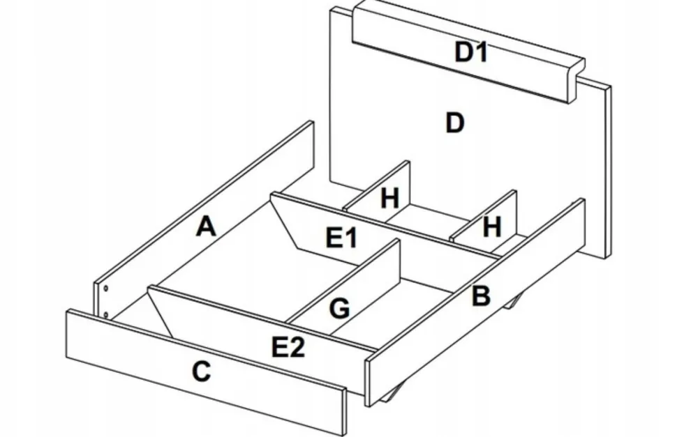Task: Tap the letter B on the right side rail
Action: click(x=481, y=296)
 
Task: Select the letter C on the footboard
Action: click(x=201, y=372)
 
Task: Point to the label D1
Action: click(x=470, y=52)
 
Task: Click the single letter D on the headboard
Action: click(x=454, y=123)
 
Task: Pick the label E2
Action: click(x=288, y=346)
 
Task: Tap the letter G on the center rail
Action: click(x=339, y=308)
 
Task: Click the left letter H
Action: click(x=389, y=199)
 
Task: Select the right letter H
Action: click(x=492, y=227)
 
